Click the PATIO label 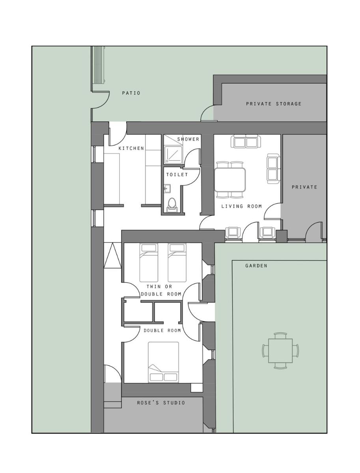click(x=131, y=93)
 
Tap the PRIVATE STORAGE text click(x=274, y=104)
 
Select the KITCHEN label click(x=131, y=148)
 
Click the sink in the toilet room click(x=167, y=188)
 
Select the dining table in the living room click(x=230, y=180)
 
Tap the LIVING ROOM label click(x=241, y=206)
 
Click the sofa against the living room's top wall click(x=245, y=142)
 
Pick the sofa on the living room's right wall click(x=274, y=169)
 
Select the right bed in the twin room click(x=177, y=263)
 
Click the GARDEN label click(x=256, y=266)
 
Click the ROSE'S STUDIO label click(x=161, y=403)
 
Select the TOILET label click(x=177, y=175)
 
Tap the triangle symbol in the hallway click(x=112, y=255)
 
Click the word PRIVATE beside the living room click(x=304, y=187)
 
